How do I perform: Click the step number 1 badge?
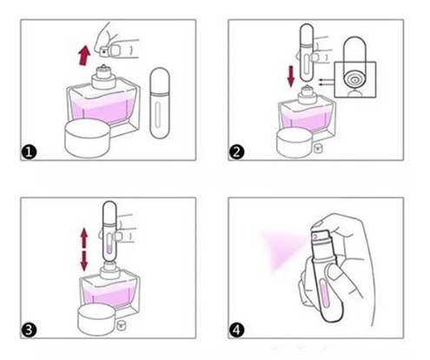point(29,152)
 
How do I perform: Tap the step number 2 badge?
point(237,152)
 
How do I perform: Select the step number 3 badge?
point(29,330)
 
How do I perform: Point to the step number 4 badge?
point(237,330)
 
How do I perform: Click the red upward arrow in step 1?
point(84,55)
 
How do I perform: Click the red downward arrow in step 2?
point(291,77)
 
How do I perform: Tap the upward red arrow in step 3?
point(84,237)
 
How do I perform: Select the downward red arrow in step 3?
point(84,261)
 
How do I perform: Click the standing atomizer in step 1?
point(160,103)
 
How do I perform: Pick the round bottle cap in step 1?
point(87,138)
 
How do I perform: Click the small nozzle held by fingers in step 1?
point(103,51)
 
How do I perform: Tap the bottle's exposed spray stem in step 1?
point(103,68)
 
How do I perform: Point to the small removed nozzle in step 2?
point(318,148)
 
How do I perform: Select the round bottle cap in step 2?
point(295,143)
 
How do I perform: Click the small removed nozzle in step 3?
point(121,325)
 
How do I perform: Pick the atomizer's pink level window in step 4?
point(324,293)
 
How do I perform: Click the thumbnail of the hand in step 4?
point(334,273)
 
